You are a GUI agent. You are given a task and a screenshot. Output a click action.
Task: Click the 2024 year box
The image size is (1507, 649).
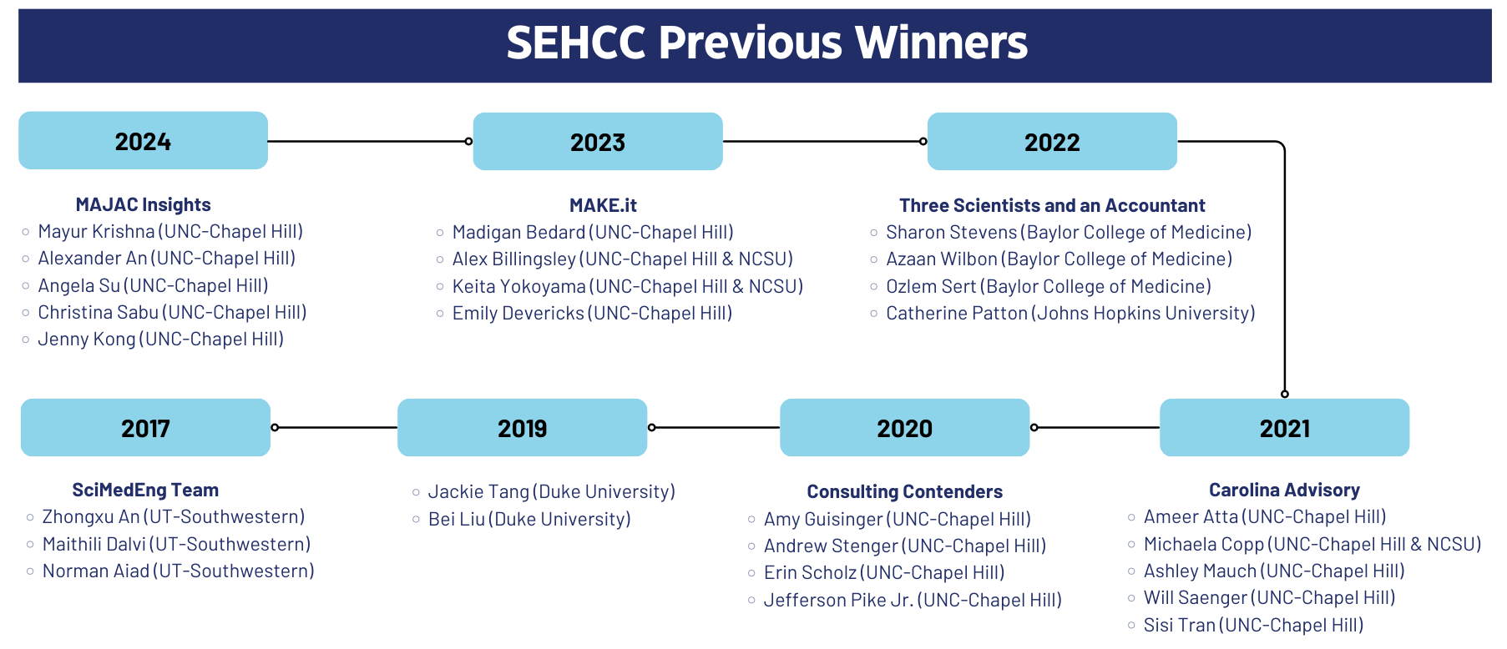tap(143, 140)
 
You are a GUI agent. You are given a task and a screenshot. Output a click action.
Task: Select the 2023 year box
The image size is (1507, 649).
tap(598, 141)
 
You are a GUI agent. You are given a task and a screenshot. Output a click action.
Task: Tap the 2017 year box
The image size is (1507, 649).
tap(145, 427)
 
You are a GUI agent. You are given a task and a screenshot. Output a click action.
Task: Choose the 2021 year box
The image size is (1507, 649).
tap(1285, 427)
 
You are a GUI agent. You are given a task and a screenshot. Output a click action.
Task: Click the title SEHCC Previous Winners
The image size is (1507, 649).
tap(766, 43)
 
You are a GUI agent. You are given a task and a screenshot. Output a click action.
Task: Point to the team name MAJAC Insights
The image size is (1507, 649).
tap(143, 204)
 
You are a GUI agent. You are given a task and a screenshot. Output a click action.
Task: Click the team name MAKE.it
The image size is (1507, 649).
tap(603, 205)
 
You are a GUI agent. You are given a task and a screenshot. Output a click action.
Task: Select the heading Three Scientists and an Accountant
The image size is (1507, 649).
tap(1052, 205)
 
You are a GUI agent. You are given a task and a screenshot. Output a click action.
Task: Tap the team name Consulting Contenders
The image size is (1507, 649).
tap(904, 491)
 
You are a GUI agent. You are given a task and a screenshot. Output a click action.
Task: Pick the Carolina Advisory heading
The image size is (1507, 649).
tap(1284, 490)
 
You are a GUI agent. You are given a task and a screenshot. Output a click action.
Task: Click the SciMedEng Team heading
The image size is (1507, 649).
tap(145, 490)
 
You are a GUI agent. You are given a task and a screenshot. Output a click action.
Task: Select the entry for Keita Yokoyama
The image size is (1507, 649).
tap(627, 286)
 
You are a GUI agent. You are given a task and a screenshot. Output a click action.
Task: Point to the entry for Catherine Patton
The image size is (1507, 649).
tap(1070, 313)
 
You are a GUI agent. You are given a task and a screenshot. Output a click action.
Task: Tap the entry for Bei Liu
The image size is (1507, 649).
tap(529, 519)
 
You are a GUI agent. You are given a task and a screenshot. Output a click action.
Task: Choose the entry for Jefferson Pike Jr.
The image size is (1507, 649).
tap(913, 600)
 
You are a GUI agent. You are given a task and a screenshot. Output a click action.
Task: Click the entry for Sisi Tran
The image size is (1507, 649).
tap(1253, 625)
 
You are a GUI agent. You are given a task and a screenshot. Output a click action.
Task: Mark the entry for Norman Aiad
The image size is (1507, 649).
tap(178, 571)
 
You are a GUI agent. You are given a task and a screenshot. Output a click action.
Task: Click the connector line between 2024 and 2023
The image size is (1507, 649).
tap(368, 141)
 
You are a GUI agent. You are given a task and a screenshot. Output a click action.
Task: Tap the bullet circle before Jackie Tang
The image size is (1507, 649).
tap(416, 493)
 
